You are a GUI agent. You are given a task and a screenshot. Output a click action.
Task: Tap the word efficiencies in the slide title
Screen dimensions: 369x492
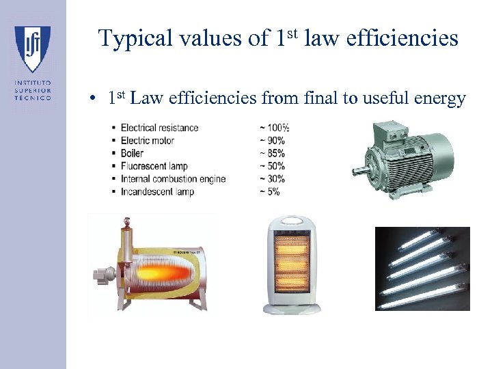click(402, 38)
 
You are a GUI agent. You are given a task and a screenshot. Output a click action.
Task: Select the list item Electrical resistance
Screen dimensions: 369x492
click(159, 128)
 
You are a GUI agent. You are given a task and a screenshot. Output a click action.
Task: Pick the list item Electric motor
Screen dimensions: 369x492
click(147, 141)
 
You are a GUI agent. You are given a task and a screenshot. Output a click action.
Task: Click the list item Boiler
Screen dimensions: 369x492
click(132, 154)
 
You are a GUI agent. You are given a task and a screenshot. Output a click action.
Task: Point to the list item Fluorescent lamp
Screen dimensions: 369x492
click(154, 166)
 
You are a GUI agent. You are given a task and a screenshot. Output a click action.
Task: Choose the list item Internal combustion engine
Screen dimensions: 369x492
click(173, 179)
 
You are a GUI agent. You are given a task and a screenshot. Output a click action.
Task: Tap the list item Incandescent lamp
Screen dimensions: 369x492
click(157, 192)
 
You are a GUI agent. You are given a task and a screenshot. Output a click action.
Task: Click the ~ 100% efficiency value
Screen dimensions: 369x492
click(274, 128)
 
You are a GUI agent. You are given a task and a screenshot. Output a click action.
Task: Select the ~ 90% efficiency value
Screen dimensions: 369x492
click(272, 141)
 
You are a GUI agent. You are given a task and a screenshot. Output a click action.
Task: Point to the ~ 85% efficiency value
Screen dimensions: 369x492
click(272, 154)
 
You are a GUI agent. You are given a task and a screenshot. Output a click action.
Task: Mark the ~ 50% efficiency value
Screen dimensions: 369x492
click(272, 166)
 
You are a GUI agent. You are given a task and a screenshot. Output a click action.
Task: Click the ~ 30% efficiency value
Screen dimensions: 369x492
click(272, 179)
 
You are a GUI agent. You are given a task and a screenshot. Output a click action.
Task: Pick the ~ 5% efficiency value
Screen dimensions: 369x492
click(269, 192)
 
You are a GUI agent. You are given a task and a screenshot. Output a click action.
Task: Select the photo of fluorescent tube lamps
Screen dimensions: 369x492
click(422, 269)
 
